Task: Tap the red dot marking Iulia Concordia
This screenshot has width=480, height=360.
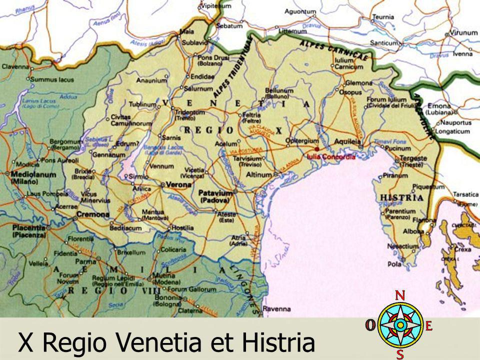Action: [x=317, y=148]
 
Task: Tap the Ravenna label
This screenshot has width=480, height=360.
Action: [x=276, y=308]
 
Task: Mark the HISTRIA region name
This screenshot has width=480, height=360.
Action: [x=402, y=197]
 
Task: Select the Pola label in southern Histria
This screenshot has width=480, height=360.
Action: [x=394, y=263]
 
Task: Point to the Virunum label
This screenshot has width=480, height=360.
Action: [x=463, y=32]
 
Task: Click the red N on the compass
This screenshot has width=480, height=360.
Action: [x=400, y=295]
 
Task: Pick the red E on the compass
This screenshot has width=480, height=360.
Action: [x=428, y=325]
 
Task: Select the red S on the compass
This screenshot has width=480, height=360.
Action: [x=400, y=354]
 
